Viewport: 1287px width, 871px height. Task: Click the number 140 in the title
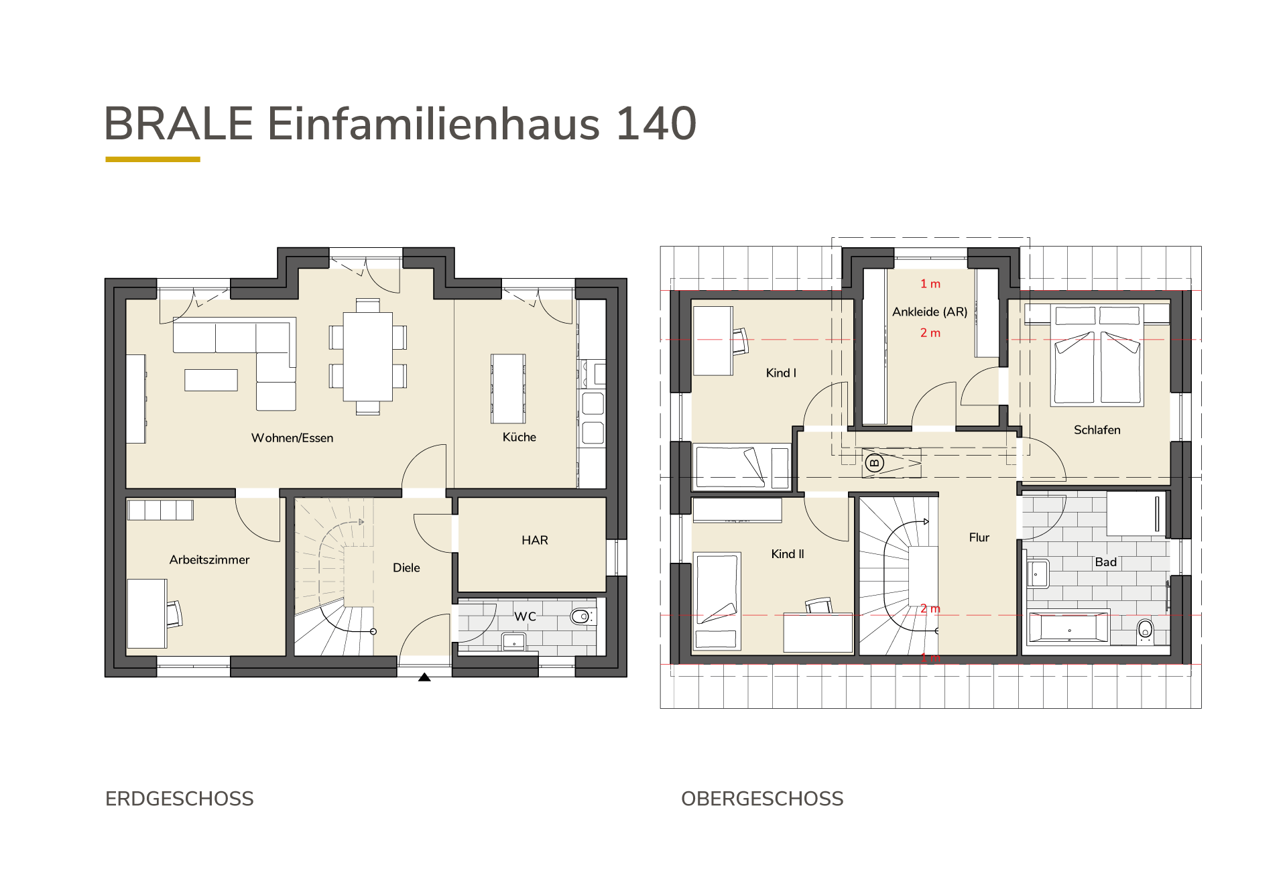click(656, 124)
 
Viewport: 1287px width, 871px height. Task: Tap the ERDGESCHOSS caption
click(180, 799)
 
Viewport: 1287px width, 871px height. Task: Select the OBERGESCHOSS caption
click(762, 799)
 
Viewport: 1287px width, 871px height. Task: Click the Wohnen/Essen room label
click(292, 438)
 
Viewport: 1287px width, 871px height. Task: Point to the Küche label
click(519, 437)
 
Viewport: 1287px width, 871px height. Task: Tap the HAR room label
click(535, 540)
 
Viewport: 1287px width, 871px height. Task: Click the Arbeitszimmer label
click(209, 559)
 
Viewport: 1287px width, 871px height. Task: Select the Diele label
click(406, 567)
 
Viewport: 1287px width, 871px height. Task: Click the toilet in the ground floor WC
click(581, 616)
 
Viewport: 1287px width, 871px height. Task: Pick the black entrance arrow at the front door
click(424, 677)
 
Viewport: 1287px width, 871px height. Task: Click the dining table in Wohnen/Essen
click(368, 356)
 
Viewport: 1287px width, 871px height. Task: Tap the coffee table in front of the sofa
click(211, 380)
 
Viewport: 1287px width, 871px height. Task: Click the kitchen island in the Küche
click(508, 389)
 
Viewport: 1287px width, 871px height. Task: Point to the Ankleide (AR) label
click(930, 312)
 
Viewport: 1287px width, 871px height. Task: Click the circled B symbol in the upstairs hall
click(874, 462)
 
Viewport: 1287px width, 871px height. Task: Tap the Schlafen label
click(1097, 430)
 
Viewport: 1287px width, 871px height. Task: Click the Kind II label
click(788, 554)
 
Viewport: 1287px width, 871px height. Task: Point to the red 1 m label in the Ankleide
click(930, 284)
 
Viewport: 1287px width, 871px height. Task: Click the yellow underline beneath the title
click(153, 159)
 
